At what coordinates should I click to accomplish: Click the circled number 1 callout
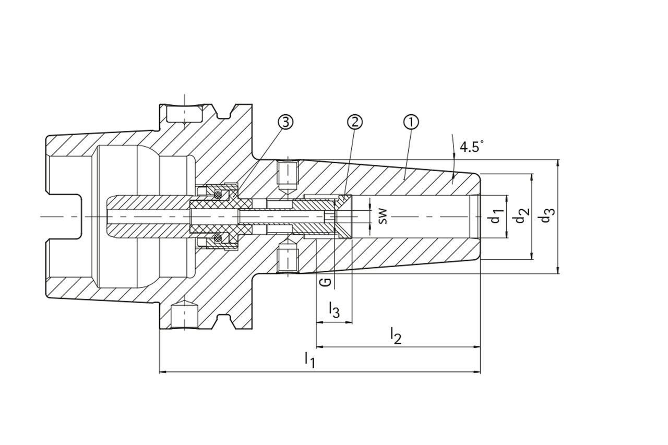coord(411,122)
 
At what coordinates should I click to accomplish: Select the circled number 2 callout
coord(354,122)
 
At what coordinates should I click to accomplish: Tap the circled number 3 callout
coord(285,122)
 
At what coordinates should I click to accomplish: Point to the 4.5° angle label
coord(469,147)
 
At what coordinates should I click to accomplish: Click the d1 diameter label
coord(496,216)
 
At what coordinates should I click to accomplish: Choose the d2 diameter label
coord(521,216)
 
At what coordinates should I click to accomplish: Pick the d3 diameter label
coord(546,216)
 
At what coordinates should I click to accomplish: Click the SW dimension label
coord(383,216)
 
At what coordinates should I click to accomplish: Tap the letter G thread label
coord(325,282)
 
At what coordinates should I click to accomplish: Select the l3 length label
coord(335,310)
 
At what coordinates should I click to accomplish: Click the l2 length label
coord(396,335)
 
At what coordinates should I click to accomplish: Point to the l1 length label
coord(310,360)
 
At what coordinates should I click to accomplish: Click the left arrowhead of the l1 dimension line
coord(162,372)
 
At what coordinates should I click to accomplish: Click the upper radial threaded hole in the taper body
coord(288,176)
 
